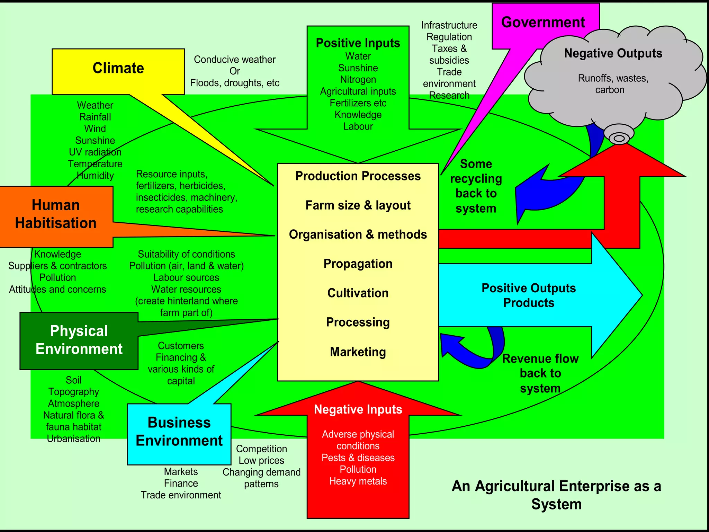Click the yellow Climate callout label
pos(118,68)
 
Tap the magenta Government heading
pos(543,23)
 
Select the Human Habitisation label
pos(56,214)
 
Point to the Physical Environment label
pos(79,340)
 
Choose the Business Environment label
pos(179,432)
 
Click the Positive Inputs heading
pos(358,43)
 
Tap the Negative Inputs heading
pos(358,409)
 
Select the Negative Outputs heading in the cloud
pos(613,53)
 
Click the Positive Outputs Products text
pos(529,295)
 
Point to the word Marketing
pos(358,352)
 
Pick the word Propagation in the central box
pos(358,264)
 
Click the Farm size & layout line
pos(358,205)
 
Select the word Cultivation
pos(358,293)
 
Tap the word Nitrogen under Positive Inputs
pos(358,80)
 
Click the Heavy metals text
pos(358,481)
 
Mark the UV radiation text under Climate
pos(95,152)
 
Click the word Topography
pos(74,392)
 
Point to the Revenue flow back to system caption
pos(540,373)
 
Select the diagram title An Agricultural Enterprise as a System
pos(556,495)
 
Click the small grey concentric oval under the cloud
pos(619,138)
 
